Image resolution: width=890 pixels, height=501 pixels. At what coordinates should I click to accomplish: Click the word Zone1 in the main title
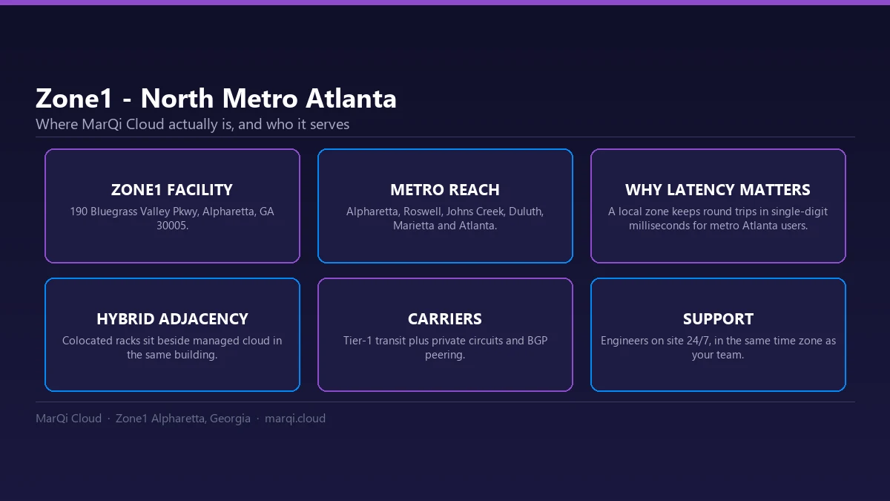(74, 98)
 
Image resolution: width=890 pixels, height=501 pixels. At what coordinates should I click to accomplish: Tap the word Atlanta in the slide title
(351, 98)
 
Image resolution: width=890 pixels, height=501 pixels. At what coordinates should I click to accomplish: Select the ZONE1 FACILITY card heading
(172, 190)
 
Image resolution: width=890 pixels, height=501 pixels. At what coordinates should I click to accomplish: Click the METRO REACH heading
(445, 190)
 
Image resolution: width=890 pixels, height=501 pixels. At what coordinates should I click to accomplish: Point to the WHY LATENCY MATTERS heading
(718, 190)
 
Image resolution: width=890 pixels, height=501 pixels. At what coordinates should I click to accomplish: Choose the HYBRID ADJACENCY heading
(172, 319)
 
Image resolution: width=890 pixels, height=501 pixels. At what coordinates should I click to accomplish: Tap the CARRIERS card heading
(445, 319)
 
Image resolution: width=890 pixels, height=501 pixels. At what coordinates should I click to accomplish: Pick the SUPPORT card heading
(718, 319)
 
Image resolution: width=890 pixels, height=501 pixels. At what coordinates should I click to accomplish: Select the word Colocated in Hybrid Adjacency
(87, 341)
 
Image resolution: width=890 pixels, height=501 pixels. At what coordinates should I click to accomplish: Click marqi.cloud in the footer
(295, 419)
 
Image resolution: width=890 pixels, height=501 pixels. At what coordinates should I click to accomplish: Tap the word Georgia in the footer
(230, 419)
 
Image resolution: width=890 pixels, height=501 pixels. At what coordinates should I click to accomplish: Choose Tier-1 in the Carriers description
(357, 341)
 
